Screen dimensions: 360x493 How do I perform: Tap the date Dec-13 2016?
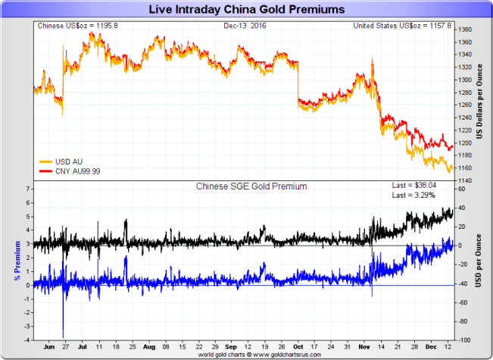pyautogui.click(x=245, y=26)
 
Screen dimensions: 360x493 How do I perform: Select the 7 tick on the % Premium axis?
pyautogui.click(x=28, y=189)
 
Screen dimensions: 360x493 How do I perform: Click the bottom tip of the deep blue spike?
pyautogui.click(x=63, y=337)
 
